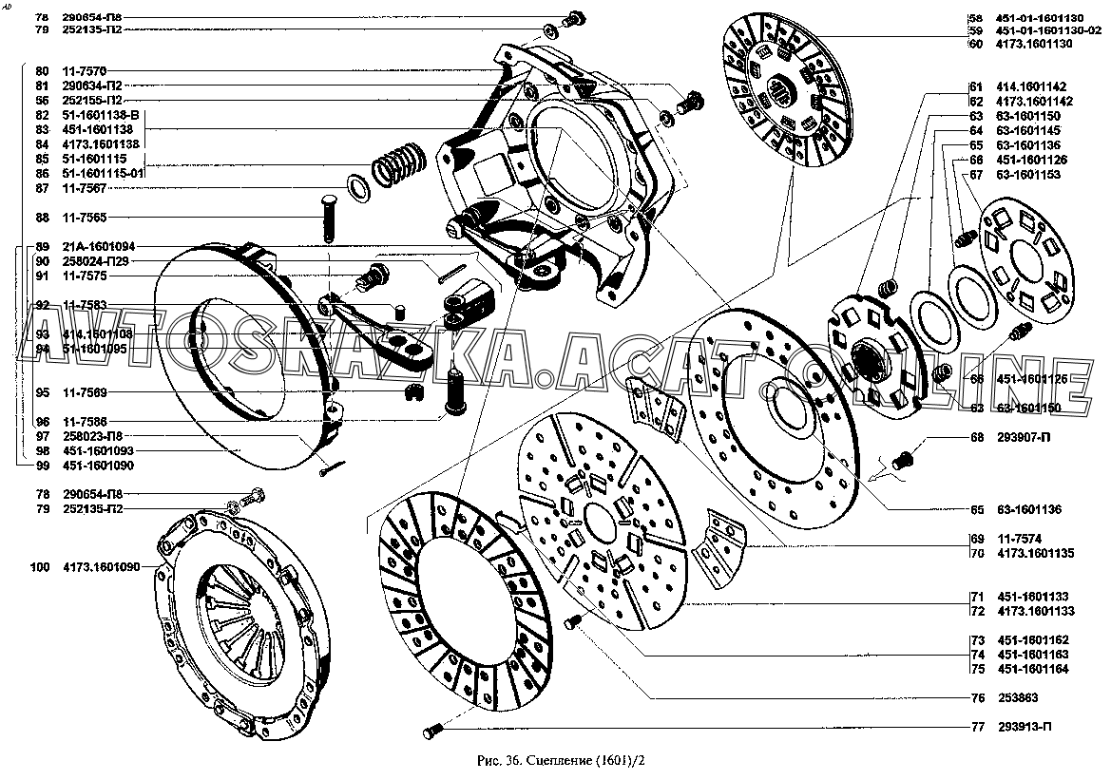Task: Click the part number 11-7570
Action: (85, 71)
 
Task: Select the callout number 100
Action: (39, 567)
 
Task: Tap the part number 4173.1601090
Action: (102, 567)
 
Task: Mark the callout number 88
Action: (42, 218)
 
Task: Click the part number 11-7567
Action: (85, 188)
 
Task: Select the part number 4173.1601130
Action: (1035, 44)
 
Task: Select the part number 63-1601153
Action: (1031, 174)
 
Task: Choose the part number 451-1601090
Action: (99, 466)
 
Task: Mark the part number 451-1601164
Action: (1033, 669)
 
